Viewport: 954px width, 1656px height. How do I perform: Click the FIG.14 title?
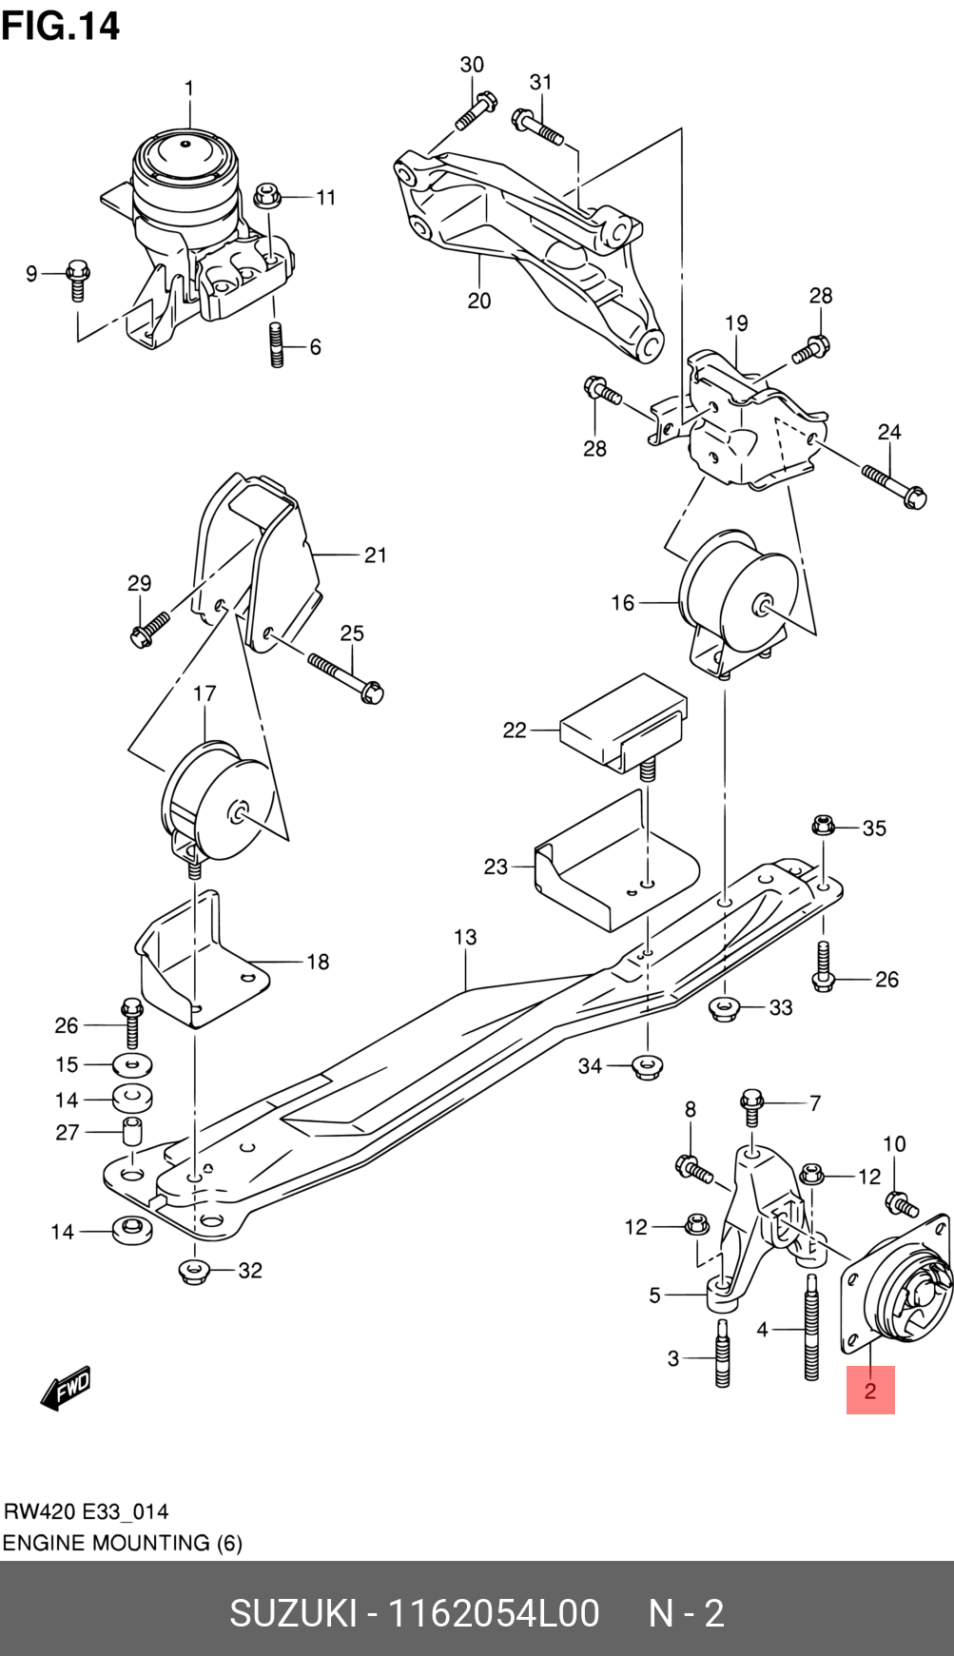tap(61, 26)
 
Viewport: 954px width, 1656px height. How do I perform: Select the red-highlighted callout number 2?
tap(870, 1391)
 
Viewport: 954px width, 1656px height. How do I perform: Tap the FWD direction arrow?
tap(67, 1388)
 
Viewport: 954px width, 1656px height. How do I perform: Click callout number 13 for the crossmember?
tap(465, 937)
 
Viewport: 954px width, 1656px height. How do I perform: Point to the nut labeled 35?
tap(824, 825)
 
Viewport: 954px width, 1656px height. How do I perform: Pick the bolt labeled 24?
tap(894, 485)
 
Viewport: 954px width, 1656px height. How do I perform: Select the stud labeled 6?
tap(277, 344)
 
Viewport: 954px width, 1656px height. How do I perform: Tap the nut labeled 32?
tap(194, 1271)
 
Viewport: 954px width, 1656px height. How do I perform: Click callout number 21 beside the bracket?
tap(376, 555)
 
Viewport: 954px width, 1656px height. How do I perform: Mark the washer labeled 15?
tap(133, 1064)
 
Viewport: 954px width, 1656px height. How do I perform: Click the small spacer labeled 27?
tap(132, 1132)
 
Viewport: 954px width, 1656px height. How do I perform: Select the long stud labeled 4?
tap(811, 1341)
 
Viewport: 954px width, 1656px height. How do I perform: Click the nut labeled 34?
tap(647, 1066)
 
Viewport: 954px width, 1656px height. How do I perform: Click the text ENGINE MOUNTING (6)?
tap(123, 1543)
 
